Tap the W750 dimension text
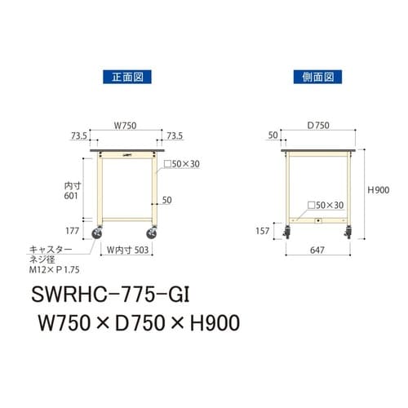(125, 126)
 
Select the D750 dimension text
(318, 126)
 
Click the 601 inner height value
(72, 196)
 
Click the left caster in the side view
(287, 237)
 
